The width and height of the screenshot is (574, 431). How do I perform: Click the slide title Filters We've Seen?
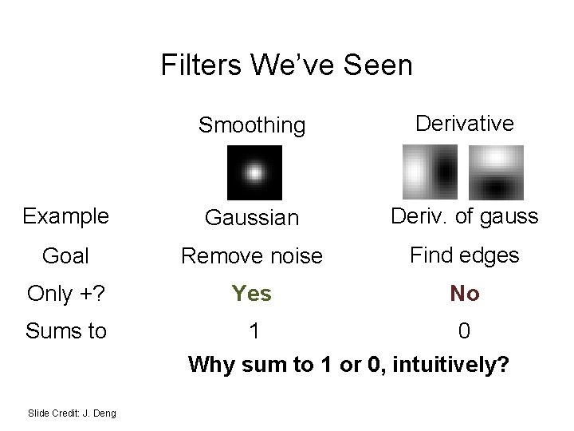pyautogui.click(x=286, y=65)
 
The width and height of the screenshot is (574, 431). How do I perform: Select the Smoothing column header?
pyautogui.click(x=252, y=125)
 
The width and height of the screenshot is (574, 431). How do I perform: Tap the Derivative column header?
pyautogui.click(x=464, y=124)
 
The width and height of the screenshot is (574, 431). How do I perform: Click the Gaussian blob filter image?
pyautogui.click(x=254, y=172)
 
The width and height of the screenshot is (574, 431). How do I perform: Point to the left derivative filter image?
pyautogui.click(x=430, y=172)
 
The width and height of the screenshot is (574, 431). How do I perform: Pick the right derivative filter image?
pyautogui.click(x=495, y=172)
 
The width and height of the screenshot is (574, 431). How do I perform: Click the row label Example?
pyautogui.click(x=66, y=216)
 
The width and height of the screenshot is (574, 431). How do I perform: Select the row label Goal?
pyautogui.click(x=66, y=255)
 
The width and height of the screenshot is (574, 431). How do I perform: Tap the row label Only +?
pyautogui.click(x=66, y=294)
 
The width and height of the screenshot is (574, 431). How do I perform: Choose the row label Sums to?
pyautogui.click(x=66, y=330)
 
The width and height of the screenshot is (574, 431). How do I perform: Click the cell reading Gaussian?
pyautogui.click(x=252, y=217)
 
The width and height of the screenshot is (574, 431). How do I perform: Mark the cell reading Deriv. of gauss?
pyautogui.click(x=464, y=216)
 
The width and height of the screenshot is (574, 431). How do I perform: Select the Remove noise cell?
pyautogui.click(x=252, y=255)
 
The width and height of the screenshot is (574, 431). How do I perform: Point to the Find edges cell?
pyautogui.click(x=464, y=255)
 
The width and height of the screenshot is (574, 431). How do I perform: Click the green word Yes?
pyautogui.click(x=252, y=294)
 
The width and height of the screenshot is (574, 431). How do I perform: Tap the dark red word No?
pyautogui.click(x=464, y=294)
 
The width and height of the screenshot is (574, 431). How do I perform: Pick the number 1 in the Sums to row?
pyautogui.click(x=254, y=330)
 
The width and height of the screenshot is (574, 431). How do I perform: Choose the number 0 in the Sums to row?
pyautogui.click(x=464, y=330)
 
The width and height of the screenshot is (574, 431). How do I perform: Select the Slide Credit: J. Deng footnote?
pyautogui.click(x=72, y=413)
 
